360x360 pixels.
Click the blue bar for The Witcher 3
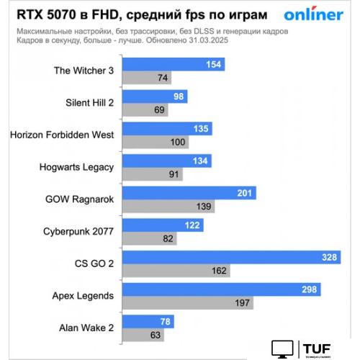173,65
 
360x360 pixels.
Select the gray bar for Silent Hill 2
146,110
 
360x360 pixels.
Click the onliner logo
313,14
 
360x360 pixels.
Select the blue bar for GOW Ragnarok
189,193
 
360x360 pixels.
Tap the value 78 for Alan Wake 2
158,321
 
